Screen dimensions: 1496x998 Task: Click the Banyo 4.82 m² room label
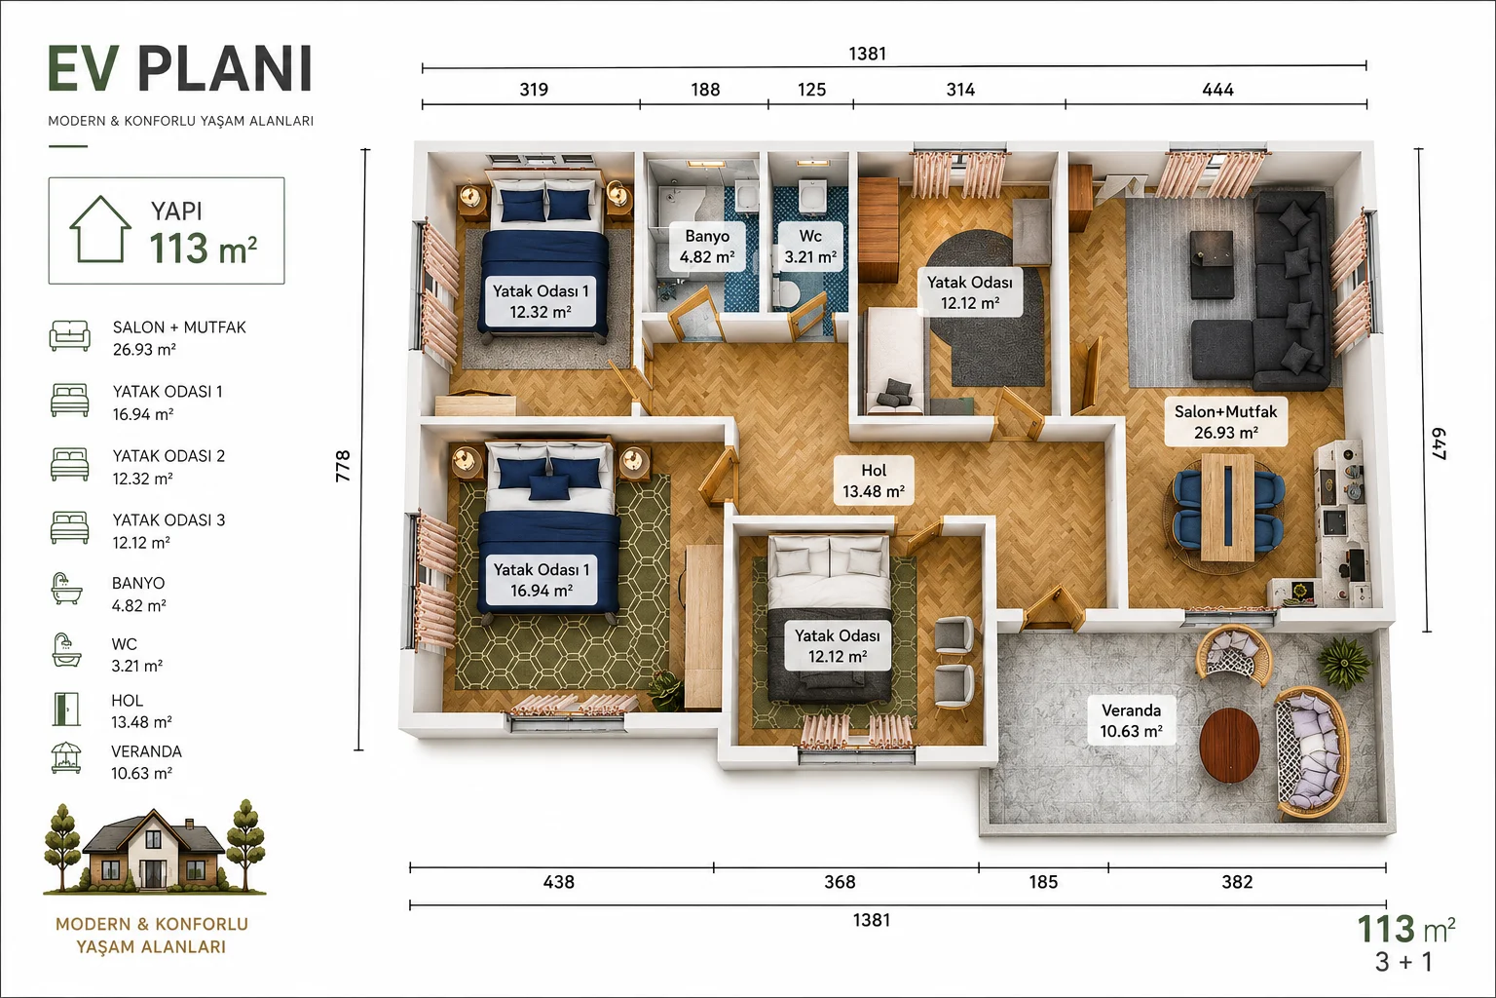click(x=707, y=246)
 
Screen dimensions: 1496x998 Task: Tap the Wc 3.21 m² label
click(x=810, y=246)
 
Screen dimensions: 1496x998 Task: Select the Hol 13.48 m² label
click(x=874, y=480)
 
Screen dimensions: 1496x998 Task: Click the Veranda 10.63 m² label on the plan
click(x=1132, y=720)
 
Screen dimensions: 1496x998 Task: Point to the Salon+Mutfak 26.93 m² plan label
click(x=1225, y=422)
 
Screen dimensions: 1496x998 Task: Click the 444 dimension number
click(x=1217, y=90)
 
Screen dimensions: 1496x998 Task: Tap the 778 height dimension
click(x=343, y=466)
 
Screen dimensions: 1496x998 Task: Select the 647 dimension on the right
click(x=1439, y=443)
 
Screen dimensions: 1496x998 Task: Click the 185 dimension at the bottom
click(x=1043, y=882)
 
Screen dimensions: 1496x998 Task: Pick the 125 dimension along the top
click(x=811, y=90)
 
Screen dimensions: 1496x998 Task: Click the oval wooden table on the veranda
click(x=1229, y=746)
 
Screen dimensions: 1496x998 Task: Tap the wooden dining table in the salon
click(x=1227, y=508)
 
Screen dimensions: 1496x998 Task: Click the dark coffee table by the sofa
click(x=1212, y=265)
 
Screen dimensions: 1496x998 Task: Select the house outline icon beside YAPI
click(x=100, y=229)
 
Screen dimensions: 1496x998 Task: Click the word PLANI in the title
click(x=225, y=69)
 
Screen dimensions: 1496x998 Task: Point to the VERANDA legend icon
click(x=66, y=758)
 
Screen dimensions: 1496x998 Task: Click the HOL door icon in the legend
click(x=66, y=710)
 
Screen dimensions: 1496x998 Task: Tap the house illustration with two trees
click(x=155, y=847)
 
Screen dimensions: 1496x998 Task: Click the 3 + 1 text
click(x=1403, y=962)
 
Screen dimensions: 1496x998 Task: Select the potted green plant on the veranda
click(x=1344, y=661)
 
